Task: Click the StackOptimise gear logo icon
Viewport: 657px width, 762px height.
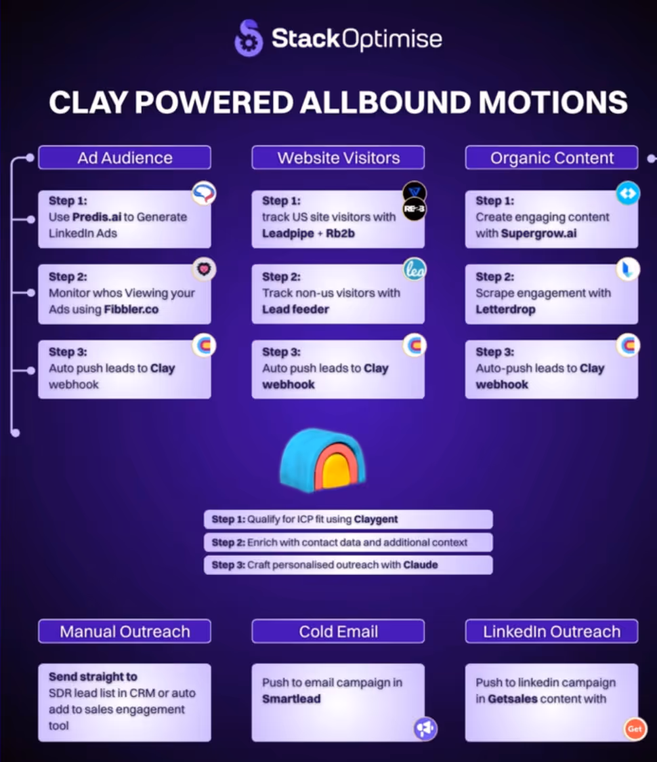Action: click(248, 38)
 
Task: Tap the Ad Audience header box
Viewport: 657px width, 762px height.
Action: click(125, 158)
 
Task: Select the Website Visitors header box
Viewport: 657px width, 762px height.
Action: click(338, 158)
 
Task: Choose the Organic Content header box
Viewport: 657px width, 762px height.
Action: click(551, 158)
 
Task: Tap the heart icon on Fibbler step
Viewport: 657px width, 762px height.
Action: click(203, 269)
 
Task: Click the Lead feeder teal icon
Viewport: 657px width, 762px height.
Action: click(414, 269)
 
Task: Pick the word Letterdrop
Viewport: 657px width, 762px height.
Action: click(505, 309)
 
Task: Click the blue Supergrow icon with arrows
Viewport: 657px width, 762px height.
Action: click(628, 193)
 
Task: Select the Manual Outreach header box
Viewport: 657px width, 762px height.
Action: click(125, 631)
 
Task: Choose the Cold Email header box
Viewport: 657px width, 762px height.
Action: click(338, 631)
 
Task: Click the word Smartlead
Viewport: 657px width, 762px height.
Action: click(291, 698)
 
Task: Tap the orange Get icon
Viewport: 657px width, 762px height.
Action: click(635, 729)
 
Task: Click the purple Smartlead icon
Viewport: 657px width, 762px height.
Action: click(425, 729)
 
